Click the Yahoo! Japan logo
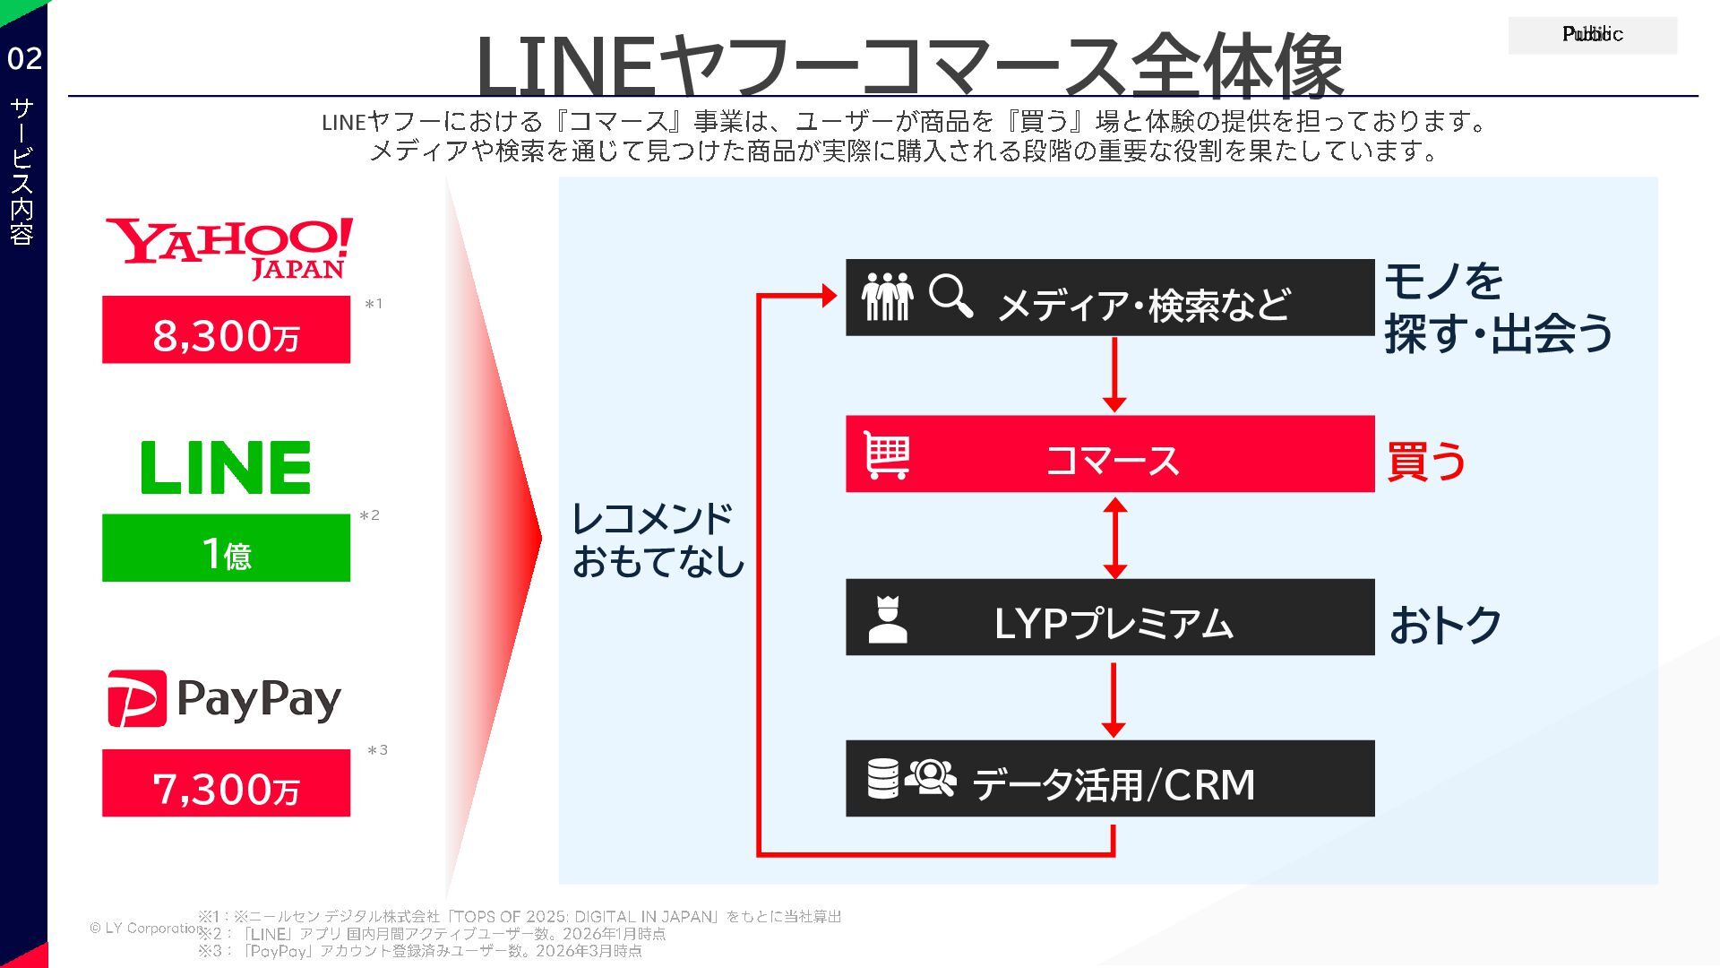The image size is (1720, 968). (x=229, y=248)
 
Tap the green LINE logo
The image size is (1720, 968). (x=226, y=467)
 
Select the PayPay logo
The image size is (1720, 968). (x=225, y=699)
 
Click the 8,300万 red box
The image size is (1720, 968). (x=226, y=330)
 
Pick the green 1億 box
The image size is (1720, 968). (x=226, y=548)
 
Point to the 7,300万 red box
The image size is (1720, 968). (x=226, y=783)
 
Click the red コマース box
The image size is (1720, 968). (x=1110, y=454)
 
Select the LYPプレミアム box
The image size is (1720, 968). (x=1110, y=617)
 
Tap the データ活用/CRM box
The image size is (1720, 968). (x=1110, y=778)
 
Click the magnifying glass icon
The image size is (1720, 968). (x=950, y=296)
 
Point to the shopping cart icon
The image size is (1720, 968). (x=887, y=455)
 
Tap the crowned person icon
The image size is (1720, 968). (x=888, y=619)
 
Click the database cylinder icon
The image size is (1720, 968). (x=882, y=778)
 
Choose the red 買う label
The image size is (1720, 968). (x=1426, y=461)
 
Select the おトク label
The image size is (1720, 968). (x=1445, y=625)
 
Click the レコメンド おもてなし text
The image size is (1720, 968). (x=658, y=540)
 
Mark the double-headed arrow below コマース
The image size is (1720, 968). (x=1114, y=538)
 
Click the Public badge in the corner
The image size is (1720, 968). (x=1592, y=35)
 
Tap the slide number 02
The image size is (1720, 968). (x=24, y=59)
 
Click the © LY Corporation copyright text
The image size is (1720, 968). (x=143, y=928)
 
